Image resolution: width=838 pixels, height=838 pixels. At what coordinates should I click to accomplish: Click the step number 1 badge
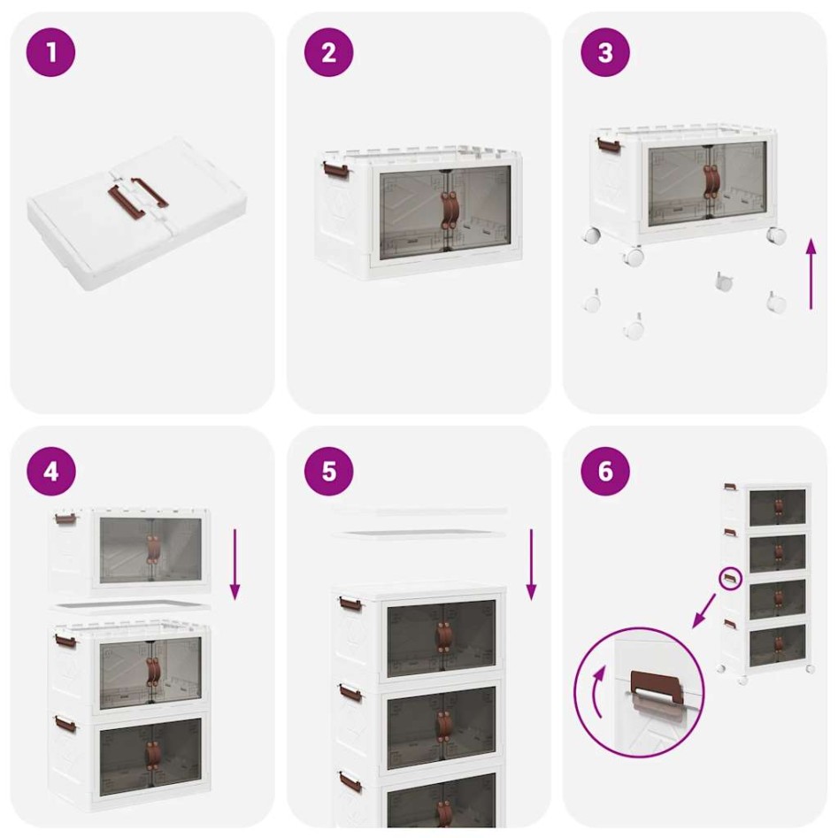(x=51, y=52)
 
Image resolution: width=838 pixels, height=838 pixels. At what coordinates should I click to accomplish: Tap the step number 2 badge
(x=328, y=52)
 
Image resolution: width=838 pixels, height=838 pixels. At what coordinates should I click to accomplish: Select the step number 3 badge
(x=605, y=52)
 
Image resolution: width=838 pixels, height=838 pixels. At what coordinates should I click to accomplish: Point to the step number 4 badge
(x=51, y=471)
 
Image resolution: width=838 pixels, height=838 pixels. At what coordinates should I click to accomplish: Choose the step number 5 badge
(x=328, y=471)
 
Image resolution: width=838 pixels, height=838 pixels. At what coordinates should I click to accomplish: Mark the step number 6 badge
(x=605, y=471)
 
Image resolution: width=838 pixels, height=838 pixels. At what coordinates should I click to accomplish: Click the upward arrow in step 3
(x=811, y=273)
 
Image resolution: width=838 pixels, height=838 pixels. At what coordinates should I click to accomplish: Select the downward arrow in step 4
(x=235, y=564)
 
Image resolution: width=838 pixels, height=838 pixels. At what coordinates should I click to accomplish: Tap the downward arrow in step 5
(x=531, y=564)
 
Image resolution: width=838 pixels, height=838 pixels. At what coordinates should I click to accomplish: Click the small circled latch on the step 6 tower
(x=729, y=578)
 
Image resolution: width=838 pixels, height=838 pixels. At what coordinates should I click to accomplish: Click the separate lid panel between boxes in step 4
(x=131, y=607)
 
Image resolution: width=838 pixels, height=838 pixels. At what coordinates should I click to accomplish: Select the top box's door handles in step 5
(x=442, y=634)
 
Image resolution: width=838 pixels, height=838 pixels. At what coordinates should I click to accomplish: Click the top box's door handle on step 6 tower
(x=779, y=506)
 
